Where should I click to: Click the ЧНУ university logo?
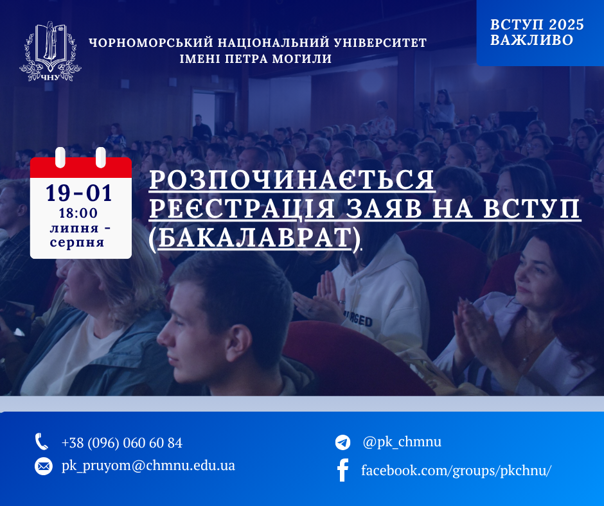point(51,51)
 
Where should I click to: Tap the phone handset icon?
point(42,442)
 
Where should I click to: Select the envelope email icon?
point(44,466)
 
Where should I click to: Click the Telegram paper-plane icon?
point(343,442)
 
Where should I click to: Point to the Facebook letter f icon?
point(343,470)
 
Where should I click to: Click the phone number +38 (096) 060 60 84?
point(121,443)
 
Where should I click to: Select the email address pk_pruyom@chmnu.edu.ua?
point(148,466)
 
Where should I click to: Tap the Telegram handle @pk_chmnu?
point(402,442)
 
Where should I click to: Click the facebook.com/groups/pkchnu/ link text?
point(456,470)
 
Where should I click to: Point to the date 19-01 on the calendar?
point(79,193)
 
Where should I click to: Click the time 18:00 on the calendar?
point(78,213)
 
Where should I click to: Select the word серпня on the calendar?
point(77,243)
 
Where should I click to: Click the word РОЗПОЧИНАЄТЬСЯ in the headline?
point(292,180)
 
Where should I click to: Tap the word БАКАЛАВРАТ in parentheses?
point(254,238)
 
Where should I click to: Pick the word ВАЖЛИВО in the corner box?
point(531,40)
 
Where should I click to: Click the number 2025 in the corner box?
point(566,24)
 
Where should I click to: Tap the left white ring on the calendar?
point(60,157)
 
